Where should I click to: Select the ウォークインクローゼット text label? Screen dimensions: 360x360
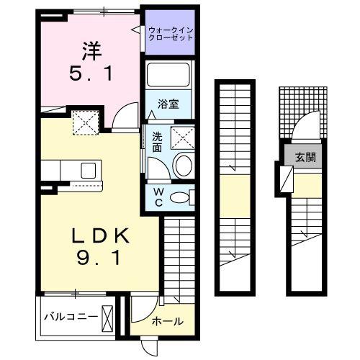[171, 33]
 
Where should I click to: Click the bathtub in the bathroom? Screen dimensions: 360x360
[168, 74]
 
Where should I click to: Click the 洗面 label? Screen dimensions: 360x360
[157, 141]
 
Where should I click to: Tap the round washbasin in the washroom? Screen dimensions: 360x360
[183, 165]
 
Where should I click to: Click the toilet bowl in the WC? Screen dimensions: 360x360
[184, 197]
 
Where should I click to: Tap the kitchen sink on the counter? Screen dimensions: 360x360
[89, 171]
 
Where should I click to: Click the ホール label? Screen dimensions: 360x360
[166, 322]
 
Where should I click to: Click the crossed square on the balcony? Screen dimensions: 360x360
[108, 316]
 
